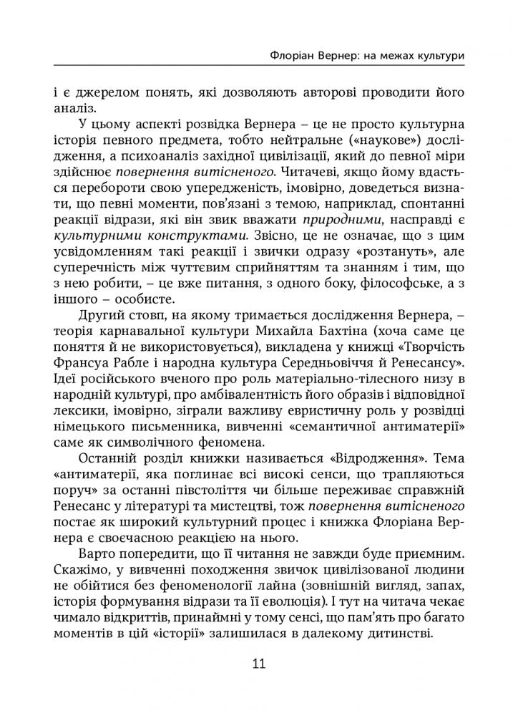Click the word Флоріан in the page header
click(x=290, y=54)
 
